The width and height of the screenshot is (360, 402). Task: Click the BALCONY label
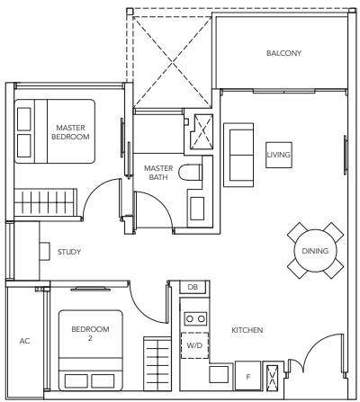283,53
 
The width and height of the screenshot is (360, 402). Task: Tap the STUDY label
69,252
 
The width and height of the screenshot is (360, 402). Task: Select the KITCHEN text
247,330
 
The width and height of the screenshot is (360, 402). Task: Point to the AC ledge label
24,341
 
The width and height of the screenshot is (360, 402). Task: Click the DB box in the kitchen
193,287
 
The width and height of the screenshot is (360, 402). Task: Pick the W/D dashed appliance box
194,345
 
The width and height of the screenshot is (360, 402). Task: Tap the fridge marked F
247,376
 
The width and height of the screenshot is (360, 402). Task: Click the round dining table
315,251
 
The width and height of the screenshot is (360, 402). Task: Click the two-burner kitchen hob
195,318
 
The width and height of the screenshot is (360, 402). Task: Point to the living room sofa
238,155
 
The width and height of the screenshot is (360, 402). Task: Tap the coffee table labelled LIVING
279,155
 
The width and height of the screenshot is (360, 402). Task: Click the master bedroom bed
55,131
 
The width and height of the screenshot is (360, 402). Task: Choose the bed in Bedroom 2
91,350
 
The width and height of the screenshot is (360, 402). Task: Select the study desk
45,251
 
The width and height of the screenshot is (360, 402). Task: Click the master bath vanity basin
197,208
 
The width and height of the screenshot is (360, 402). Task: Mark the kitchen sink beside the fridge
219,374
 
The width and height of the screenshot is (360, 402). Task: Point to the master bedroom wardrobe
45,202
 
